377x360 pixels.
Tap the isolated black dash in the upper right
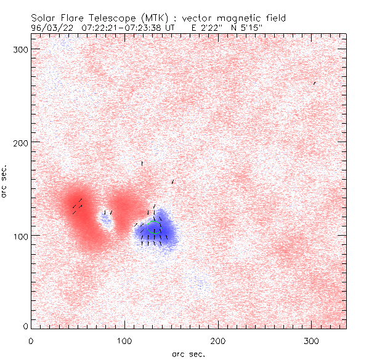[314, 82]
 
